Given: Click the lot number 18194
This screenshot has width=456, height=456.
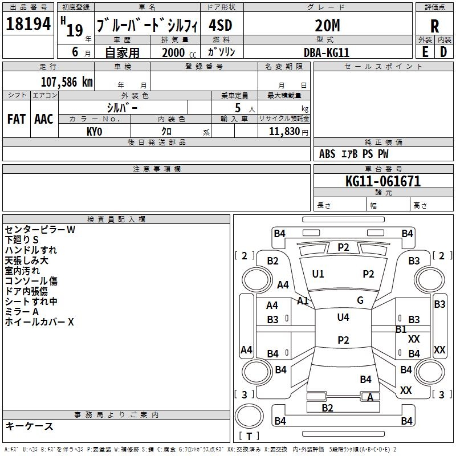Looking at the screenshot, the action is (x=28, y=24).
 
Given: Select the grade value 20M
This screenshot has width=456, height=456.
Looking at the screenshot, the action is (x=327, y=25).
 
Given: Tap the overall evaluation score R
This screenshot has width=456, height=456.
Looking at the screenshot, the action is (x=434, y=26).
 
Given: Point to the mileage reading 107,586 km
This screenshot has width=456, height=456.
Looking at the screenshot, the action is (x=67, y=82).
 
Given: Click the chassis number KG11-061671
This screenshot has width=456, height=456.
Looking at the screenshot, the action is (x=383, y=181).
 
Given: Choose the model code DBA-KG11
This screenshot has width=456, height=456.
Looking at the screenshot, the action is (x=326, y=52).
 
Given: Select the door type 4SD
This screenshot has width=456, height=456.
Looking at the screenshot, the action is (x=221, y=25).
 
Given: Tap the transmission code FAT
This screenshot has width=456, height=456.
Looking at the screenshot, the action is (x=17, y=119).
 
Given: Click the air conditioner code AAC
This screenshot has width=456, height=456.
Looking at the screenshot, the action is (x=44, y=119).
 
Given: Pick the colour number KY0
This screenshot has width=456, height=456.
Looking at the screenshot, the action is (x=94, y=132).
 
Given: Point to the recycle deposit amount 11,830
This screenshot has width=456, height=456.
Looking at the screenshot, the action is (x=284, y=132).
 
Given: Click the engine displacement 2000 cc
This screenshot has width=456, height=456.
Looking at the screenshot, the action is (x=179, y=52).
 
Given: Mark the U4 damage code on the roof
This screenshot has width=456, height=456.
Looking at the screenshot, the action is (x=343, y=317).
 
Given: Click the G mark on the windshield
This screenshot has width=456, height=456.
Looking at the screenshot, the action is (x=360, y=300).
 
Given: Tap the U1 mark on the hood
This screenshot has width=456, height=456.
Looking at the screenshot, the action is (x=318, y=274).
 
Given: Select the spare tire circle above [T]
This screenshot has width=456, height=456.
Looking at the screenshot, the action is (x=249, y=417).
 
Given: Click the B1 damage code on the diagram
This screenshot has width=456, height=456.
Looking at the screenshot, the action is (x=401, y=329).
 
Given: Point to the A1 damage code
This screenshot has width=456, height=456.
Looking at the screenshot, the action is (x=303, y=301).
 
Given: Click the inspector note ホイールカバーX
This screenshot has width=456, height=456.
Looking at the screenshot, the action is (x=39, y=322).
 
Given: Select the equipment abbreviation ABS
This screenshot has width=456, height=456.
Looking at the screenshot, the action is (x=327, y=154).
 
